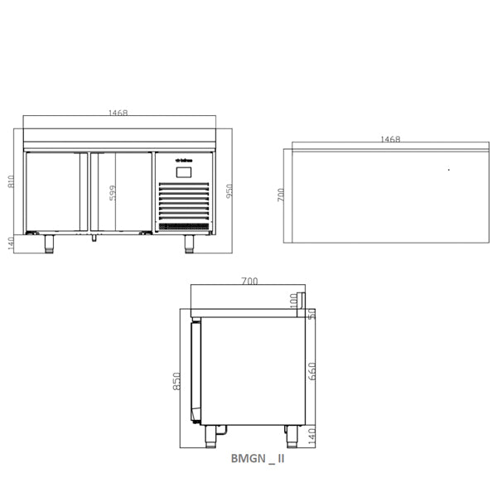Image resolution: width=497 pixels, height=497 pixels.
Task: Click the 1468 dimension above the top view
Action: point(390,140)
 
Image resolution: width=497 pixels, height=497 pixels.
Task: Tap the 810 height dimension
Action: point(12,181)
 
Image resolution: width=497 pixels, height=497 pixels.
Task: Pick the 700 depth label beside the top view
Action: point(281,195)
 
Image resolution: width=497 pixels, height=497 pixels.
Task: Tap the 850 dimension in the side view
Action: point(176,380)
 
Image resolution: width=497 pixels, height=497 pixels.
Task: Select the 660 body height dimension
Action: point(311,370)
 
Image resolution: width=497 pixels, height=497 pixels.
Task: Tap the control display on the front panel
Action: point(184,172)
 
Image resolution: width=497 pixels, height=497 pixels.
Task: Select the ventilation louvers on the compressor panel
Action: point(184,202)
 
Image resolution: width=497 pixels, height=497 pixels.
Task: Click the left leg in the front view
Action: point(50,243)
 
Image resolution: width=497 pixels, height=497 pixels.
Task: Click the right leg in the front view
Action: point(189,243)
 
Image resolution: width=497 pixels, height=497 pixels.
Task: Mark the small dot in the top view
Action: point(448,170)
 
